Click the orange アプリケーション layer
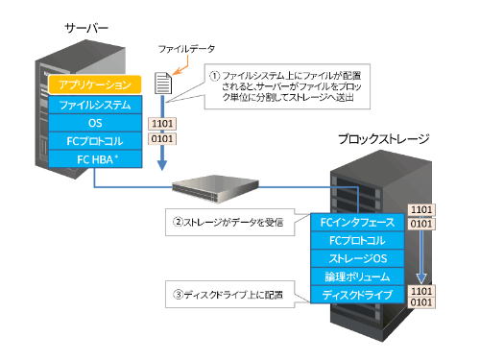[x=95, y=85]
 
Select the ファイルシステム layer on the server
[x=95, y=104]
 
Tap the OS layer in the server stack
[x=95, y=122]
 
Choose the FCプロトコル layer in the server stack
[x=95, y=140]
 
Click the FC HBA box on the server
[x=95, y=158]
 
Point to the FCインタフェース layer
[x=356, y=222]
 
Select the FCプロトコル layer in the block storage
[x=356, y=240]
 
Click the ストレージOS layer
[x=356, y=258]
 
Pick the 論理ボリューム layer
[x=356, y=276]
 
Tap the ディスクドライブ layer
[x=356, y=295]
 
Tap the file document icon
[x=164, y=84]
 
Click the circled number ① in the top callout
[x=216, y=72]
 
